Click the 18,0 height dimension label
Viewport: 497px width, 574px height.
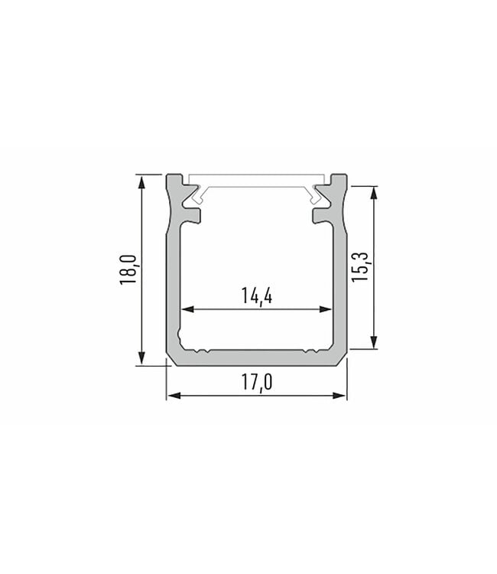coord(128,270)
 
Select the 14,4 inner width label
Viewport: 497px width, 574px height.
coord(257,296)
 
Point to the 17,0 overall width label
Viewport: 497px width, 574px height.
coord(257,382)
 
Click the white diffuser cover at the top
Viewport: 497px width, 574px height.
coord(257,181)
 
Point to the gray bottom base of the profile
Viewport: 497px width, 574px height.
coord(257,357)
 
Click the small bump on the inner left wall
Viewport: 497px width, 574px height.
coord(180,335)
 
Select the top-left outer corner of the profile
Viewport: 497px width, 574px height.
coord(169,176)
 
